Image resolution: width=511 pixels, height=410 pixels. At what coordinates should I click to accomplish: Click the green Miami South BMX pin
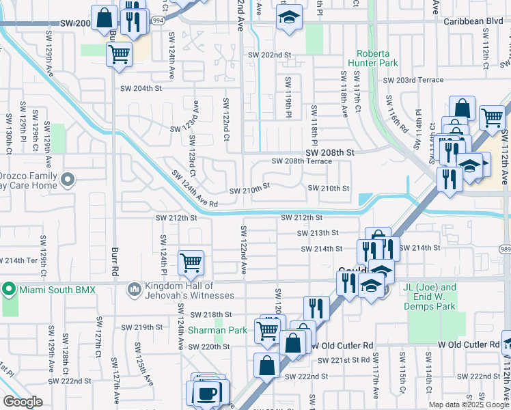point(9,290)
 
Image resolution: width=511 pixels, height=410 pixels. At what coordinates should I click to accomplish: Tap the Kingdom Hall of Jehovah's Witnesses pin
point(135,290)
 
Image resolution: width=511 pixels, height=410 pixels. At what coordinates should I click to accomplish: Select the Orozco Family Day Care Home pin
point(67,180)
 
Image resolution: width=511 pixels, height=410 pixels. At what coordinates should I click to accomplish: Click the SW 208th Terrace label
point(301,161)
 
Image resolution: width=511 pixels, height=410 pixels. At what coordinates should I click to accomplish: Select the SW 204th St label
point(141,88)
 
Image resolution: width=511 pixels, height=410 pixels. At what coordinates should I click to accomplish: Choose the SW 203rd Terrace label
point(413,80)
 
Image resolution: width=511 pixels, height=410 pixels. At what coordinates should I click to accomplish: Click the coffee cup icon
point(206,394)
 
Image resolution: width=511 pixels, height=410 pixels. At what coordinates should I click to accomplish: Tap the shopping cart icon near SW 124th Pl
point(191,262)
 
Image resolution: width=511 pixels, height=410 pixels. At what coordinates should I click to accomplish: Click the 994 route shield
point(158,20)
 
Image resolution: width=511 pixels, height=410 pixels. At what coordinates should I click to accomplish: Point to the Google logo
point(23,402)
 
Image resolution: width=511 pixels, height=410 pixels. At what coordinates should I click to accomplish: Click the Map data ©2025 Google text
point(468,405)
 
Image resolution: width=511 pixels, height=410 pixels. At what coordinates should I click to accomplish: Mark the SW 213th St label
point(318,233)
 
